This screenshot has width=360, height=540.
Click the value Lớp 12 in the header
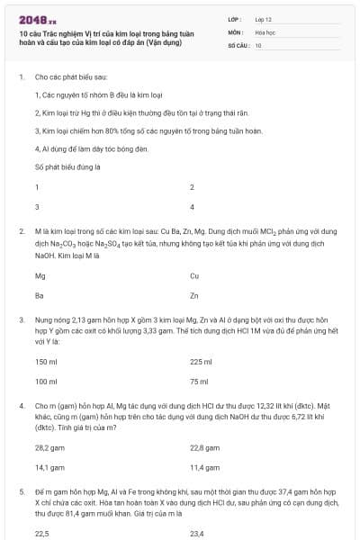click(x=263, y=19)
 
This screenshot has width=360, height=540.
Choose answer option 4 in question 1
click(x=192, y=206)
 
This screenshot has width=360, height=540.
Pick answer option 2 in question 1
click(x=192, y=186)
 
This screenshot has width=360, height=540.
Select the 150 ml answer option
click(x=46, y=362)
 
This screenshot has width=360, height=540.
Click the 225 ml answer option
click(x=201, y=362)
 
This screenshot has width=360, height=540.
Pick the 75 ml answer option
click(x=199, y=382)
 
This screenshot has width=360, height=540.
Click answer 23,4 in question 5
click(x=196, y=534)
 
